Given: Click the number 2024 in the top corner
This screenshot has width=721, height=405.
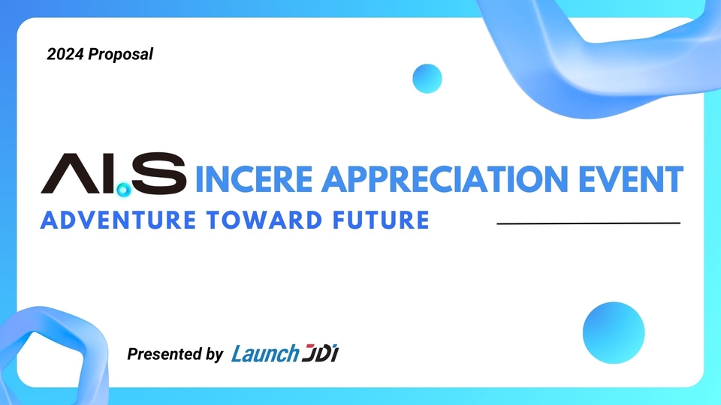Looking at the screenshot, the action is [65, 54].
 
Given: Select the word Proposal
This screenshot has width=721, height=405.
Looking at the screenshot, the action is [120, 54].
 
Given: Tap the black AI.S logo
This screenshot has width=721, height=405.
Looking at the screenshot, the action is [113, 174].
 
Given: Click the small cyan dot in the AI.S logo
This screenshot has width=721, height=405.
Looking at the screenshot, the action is [123, 189].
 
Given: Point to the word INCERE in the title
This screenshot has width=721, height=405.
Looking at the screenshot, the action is [255, 178].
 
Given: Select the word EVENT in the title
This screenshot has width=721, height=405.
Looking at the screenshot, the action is [631, 178].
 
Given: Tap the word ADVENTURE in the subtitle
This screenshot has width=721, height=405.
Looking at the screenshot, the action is [118, 220].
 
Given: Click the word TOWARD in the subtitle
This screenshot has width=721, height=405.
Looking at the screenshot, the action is [264, 220].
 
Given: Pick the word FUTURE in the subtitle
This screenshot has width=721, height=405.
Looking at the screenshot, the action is [382, 220].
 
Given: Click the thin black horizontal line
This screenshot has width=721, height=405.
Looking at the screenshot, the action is [589, 223].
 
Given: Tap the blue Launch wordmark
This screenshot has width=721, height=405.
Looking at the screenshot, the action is [265, 353].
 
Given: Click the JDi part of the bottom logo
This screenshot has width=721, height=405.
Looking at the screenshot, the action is [321, 352].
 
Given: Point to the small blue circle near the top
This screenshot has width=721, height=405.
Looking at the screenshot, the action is [427, 79].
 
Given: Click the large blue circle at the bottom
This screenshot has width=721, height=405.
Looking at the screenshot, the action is [614, 332].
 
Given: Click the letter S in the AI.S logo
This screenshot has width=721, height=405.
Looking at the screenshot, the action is [159, 173].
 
